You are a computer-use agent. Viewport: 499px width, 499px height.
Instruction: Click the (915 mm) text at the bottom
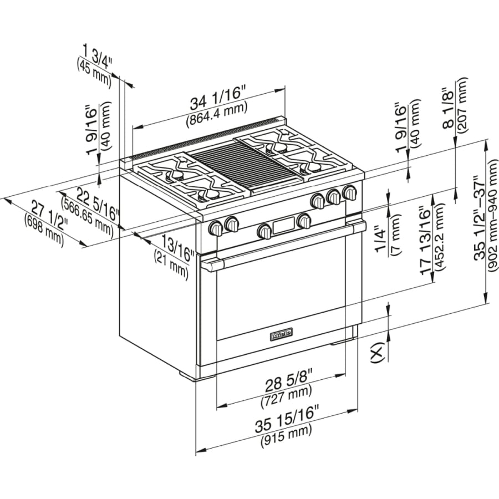point(286,441)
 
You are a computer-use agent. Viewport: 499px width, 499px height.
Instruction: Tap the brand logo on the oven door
point(282,334)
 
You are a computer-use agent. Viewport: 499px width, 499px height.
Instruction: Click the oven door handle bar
point(283,243)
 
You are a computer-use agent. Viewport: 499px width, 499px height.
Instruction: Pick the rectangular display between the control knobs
point(283,226)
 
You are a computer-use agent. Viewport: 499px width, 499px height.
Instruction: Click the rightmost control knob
point(350,193)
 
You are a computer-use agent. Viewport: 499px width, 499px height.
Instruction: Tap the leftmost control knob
point(216,228)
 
